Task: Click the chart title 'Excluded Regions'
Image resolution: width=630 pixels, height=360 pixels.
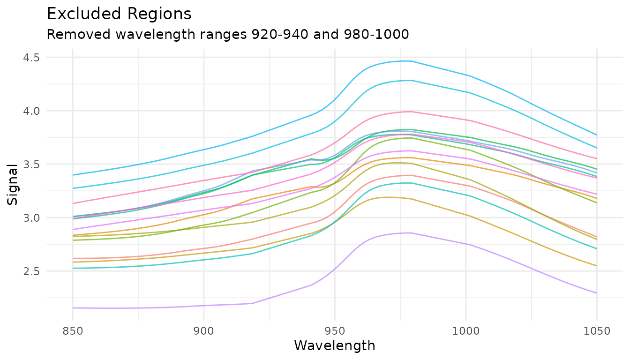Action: click(x=119, y=14)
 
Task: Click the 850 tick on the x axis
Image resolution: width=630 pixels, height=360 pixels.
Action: click(x=73, y=331)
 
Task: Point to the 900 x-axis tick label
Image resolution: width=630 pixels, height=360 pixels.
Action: click(x=203, y=331)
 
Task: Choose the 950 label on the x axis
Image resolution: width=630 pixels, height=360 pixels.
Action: click(x=335, y=331)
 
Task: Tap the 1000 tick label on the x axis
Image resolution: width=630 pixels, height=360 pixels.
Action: click(x=466, y=331)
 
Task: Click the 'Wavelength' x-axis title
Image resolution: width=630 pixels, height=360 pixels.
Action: click(x=335, y=346)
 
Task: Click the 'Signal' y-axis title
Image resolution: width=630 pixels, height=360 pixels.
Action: click(x=14, y=184)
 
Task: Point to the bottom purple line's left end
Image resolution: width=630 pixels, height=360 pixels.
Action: click(x=73, y=308)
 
